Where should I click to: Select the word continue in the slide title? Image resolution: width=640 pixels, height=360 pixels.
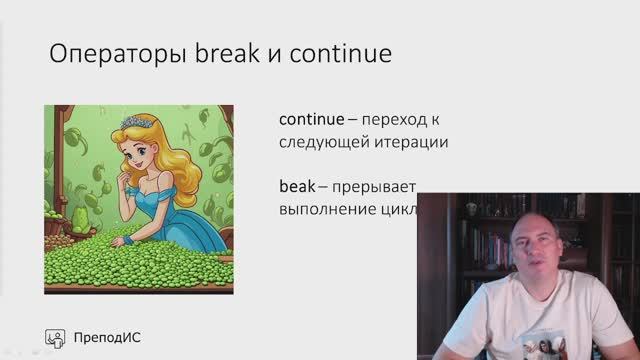(340, 52)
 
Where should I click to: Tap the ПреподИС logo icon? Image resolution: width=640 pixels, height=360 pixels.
(57, 337)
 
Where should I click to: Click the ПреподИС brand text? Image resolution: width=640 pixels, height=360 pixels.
(108, 337)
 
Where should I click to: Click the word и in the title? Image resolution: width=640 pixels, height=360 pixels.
(274, 52)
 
